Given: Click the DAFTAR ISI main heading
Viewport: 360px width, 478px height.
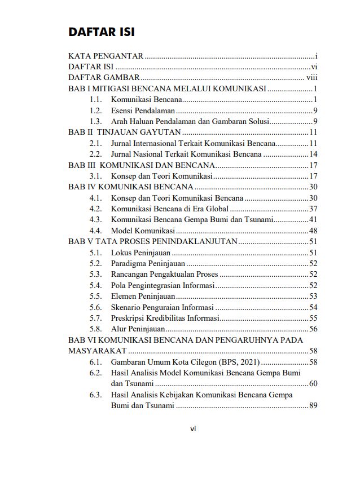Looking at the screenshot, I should tap(101, 32).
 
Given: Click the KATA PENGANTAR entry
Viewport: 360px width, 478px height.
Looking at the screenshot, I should tap(106, 56).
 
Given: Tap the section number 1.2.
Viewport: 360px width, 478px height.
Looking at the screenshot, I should tap(95, 110).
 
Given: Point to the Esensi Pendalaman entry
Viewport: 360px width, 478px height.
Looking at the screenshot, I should tap(143, 110).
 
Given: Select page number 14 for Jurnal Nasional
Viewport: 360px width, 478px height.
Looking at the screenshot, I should tap(313, 154).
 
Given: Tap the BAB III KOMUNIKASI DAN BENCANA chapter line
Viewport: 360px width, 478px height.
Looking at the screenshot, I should tap(141, 165).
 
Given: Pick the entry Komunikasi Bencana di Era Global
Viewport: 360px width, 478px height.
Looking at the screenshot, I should tap(169, 209).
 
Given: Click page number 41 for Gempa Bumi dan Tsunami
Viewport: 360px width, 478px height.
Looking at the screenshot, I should tap(313, 219).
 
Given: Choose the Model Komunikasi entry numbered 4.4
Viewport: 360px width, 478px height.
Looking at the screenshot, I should tap(142, 231).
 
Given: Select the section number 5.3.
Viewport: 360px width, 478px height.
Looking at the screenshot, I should tap(95, 274).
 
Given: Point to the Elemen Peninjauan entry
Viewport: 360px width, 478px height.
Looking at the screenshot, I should tap(143, 296).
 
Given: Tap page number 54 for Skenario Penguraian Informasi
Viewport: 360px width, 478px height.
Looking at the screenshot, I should tap(313, 307).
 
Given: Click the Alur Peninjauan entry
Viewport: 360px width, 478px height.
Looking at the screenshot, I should tap(138, 329).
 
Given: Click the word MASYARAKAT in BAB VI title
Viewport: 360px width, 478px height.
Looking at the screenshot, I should tap(97, 351).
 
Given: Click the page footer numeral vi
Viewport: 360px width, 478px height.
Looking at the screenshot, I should tap(193, 429).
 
